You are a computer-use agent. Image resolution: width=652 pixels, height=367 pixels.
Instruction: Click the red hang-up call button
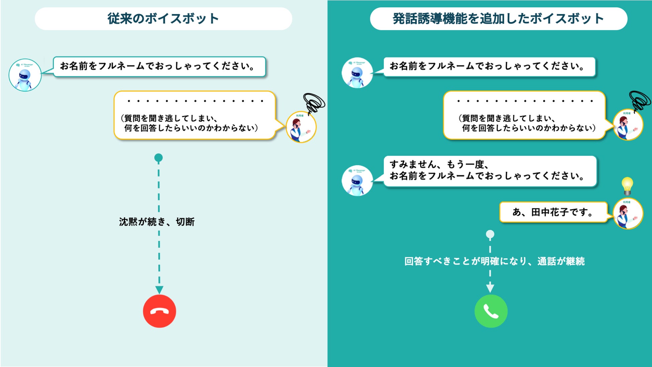[159, 311]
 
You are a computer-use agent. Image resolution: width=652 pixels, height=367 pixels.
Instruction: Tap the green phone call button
[491, 311]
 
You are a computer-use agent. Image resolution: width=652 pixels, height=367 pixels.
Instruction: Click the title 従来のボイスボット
[163, 19]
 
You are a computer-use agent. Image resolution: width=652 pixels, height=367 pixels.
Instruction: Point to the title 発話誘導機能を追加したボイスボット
[498, 19]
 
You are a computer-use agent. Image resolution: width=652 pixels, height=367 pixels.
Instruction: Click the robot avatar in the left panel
[25, 75]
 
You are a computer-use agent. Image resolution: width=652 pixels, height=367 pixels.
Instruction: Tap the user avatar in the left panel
[301, 127]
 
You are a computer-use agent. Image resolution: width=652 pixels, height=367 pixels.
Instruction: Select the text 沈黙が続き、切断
[157, 222]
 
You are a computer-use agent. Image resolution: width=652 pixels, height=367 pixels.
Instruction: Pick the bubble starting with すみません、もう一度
[490, 171]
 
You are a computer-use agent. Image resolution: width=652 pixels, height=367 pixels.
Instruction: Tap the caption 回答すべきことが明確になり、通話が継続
[494, 261]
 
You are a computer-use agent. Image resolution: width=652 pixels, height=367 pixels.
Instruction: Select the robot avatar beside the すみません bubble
[357, 181]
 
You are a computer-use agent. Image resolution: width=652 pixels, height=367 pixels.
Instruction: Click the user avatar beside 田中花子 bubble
[628, 214]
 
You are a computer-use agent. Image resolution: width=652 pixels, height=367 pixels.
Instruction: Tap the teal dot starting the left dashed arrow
[158, 158]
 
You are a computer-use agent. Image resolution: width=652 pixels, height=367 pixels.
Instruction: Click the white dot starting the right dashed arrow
[490, 234]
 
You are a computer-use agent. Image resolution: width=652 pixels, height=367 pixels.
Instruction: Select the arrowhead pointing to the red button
[159, 289]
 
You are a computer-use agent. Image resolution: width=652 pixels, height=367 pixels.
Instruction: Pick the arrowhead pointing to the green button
[490, 287]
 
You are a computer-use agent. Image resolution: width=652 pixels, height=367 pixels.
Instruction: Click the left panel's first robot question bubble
[159, 67]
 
